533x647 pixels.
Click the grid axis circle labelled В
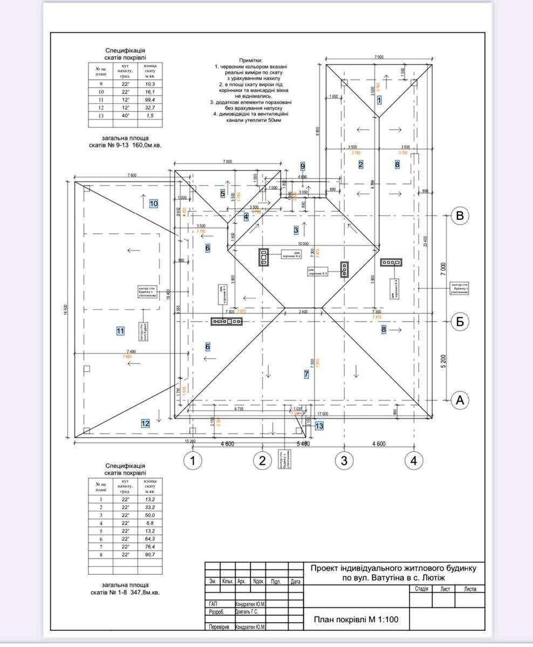pyautogui.click(x=460, y=216)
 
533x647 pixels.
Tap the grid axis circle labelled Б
pyautogui.click(x=460, y=321)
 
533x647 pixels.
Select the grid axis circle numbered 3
pyautogui.click(x=344, y=460)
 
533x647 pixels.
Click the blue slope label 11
pyautogui.click(x=120, y=331)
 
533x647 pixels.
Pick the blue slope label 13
pyautogui.click(x=319, y=426)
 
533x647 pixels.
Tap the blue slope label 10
pyautogui.click(x=154, y=204)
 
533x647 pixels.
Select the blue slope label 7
pyautogui.click(x=306, y=374)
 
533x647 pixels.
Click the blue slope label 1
pyautogui.click(x=379, y=100)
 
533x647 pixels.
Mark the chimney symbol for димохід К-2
pyautogui.click(x=264, y=258)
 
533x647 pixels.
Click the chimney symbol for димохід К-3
pyautogui.click(x=344, y=269)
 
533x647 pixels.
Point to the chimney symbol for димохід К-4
pyautogui.click(x=390, y=263)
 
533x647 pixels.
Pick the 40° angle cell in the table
pyautogui.click(x=125, y=115)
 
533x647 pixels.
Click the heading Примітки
pyautogui.click(x=250, y=60)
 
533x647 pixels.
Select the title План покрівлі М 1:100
pyautogui.click(x=356, y=620)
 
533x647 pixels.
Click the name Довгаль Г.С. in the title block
pyautogui.click(x=247, y=612)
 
